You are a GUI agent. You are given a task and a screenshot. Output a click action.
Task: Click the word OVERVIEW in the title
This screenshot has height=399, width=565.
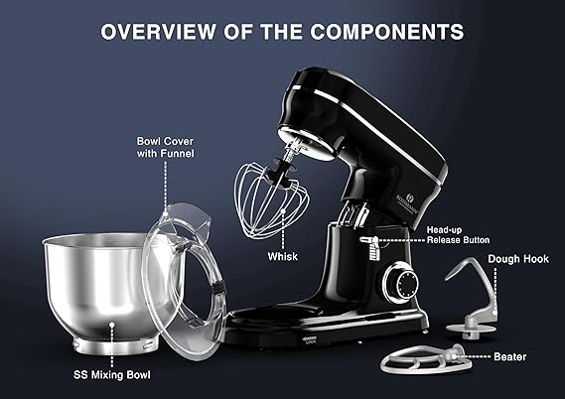pyautogui.click(x=158, y=32)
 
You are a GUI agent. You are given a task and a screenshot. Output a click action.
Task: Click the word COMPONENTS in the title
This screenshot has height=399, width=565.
pyautogui.click(x=387, y=32)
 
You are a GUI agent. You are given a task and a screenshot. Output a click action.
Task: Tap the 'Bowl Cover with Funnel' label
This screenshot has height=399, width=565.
pyautogui.click(x=165, y=147)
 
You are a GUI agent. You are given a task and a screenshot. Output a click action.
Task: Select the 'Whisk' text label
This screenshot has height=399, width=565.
pyautogui.click(x=282, y=256)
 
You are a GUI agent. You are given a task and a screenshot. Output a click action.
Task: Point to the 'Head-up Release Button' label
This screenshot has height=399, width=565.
pyautogui.click(x=458, y=235)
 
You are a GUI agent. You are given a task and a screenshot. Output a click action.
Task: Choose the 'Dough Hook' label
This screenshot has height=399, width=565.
pyautogui.click(x=518, y=259)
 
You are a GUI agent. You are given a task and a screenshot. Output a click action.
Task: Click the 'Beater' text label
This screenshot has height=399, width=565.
pyautogui.click(x=509, y=357)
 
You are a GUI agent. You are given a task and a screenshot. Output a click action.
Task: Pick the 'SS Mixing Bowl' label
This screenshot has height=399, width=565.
pyautogui.click(x=111, y=375)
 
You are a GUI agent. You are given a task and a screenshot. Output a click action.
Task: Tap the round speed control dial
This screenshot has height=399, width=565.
pyautogui.click(x=400, y=283)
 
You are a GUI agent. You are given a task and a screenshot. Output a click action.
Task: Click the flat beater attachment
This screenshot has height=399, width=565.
pyautogui.click(x=426, y=359)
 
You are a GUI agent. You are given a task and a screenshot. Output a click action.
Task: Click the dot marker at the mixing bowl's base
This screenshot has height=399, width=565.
pyautogui.click(x=112, y=325)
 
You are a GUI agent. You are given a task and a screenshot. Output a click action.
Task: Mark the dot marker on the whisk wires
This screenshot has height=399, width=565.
pyautogui.click(x=284, y=211)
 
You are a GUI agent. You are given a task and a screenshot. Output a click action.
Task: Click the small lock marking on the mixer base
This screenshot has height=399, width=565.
pyautogui.click(x=310, y=339)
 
